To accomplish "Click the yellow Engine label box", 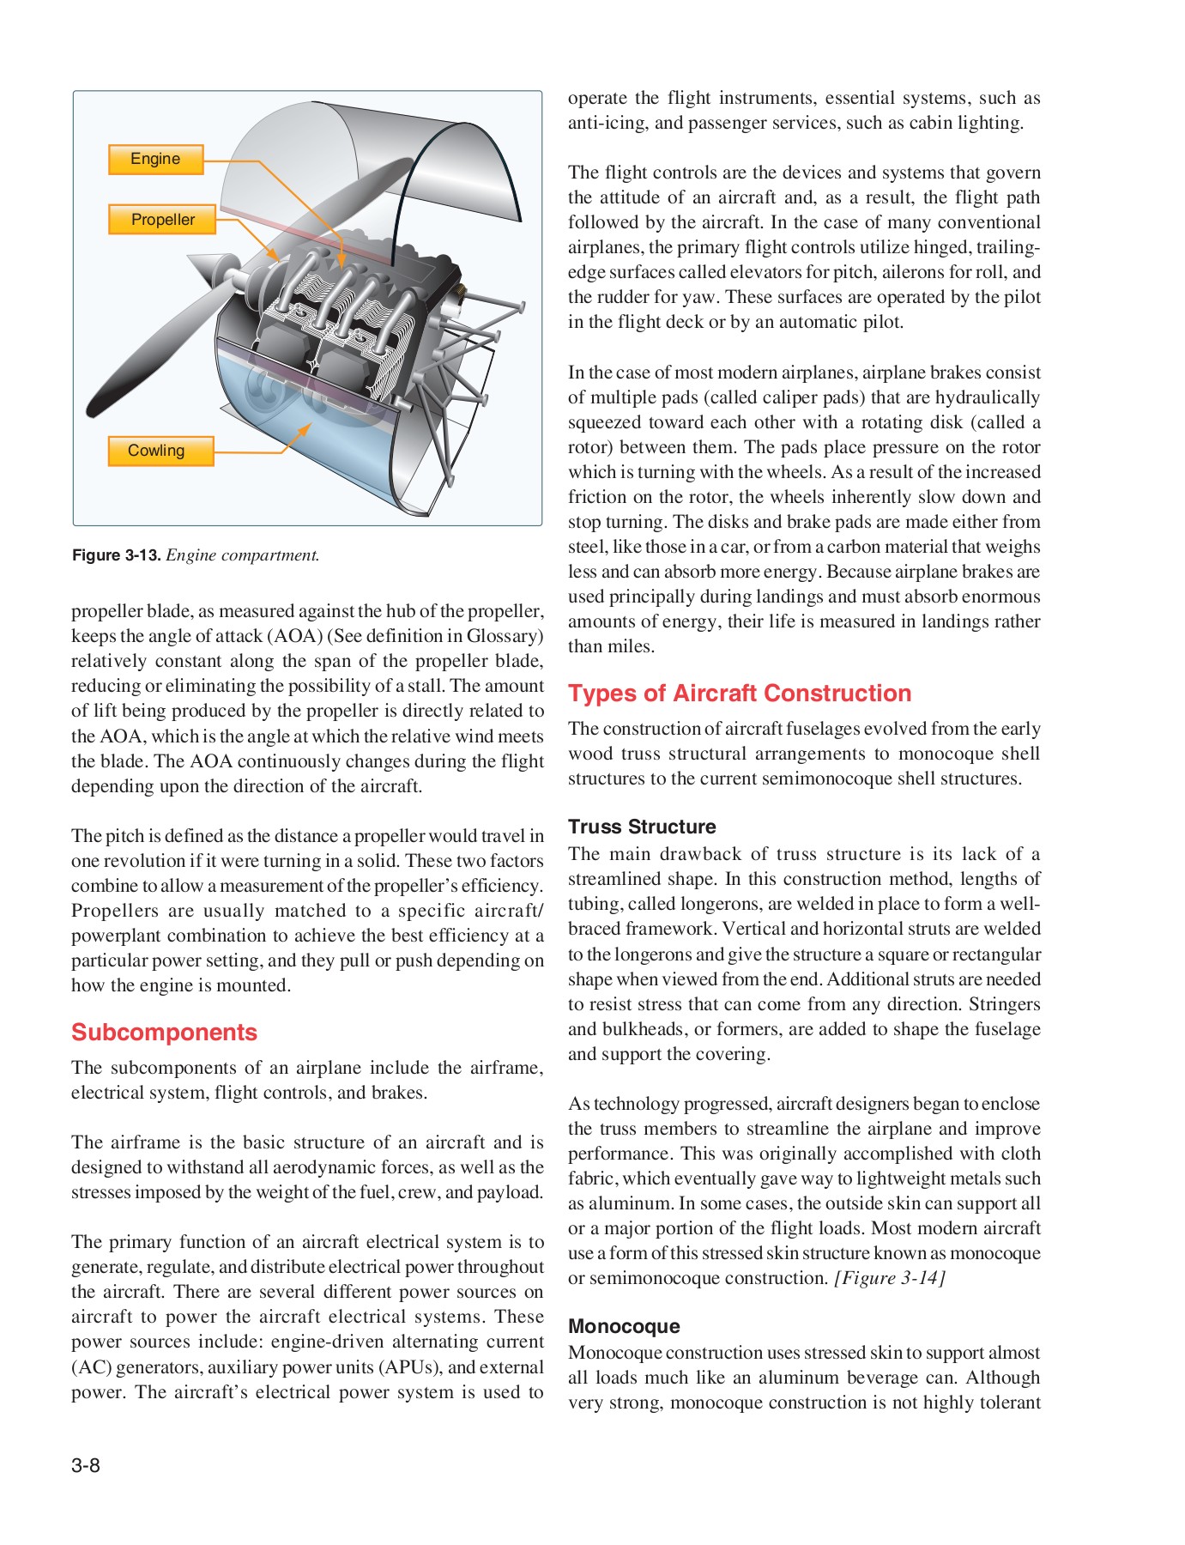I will (x=155, y=160).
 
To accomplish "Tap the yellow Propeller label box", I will (x=162, y=220).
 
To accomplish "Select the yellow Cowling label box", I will (x=160, y=451).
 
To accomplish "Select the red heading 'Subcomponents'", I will (x=164, y=1032).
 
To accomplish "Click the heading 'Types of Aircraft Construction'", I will (x=739, y=694).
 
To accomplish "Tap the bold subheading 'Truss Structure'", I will (x=641, y=827).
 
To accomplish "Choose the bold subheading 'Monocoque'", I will (x=623, y=1326).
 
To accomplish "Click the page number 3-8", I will (x=86, y=1465).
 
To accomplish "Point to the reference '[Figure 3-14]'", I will (x=889, y=1278).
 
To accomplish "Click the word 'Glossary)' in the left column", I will (x=505, y=636).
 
